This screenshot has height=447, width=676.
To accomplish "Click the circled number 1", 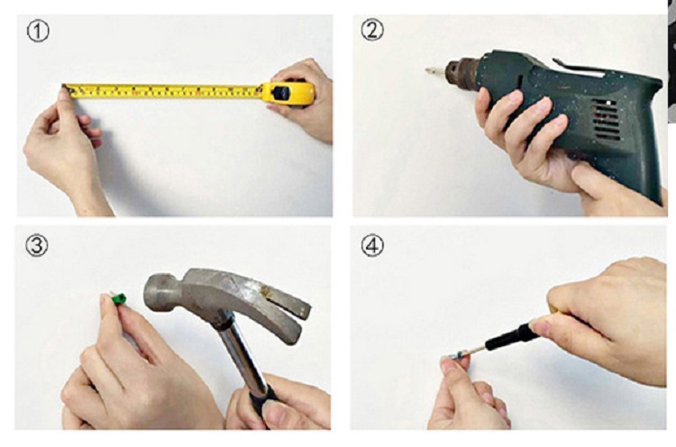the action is [38, 31].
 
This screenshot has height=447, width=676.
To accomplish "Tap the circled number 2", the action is [372, 30].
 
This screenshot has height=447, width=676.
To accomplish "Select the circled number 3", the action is [37, 245].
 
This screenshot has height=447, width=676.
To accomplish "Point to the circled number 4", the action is [372, 246].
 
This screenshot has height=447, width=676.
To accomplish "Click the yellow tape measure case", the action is [288, 93].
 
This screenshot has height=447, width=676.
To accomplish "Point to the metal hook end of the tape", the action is [66, 89].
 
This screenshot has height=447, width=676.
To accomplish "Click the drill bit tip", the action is [429, 69].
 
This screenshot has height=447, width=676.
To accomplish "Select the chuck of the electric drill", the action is [461, 72].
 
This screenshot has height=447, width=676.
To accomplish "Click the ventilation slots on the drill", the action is [607, 119].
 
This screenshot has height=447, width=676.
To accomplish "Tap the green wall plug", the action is [118, 298].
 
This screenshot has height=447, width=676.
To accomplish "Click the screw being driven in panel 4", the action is [456, 356].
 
